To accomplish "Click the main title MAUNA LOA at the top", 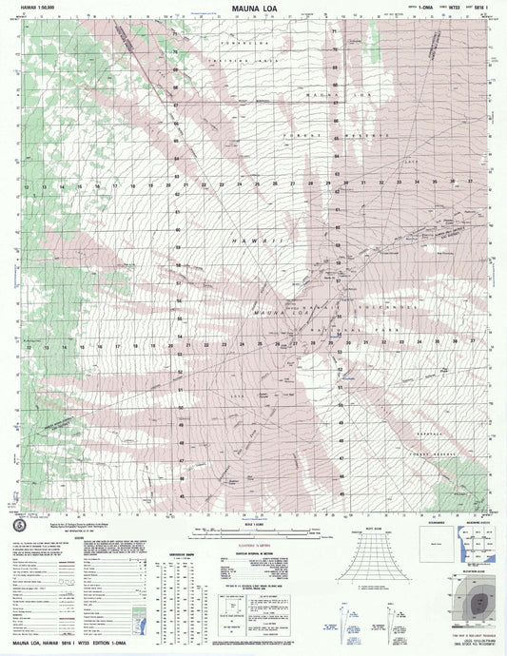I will pyautogui.click(x=253, y=9).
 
